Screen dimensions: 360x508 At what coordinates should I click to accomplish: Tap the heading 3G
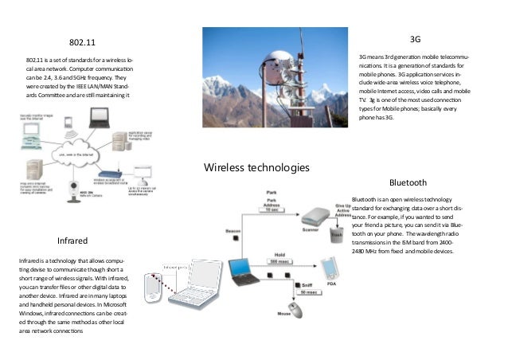click(414, 39)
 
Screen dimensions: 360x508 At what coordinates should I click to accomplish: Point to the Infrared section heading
click(72, 240)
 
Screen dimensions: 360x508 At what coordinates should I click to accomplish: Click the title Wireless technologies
click(256, 167)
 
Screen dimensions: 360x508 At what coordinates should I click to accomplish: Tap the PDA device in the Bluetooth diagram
click(329, 265)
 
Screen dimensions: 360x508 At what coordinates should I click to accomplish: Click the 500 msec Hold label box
click(278, 261)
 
